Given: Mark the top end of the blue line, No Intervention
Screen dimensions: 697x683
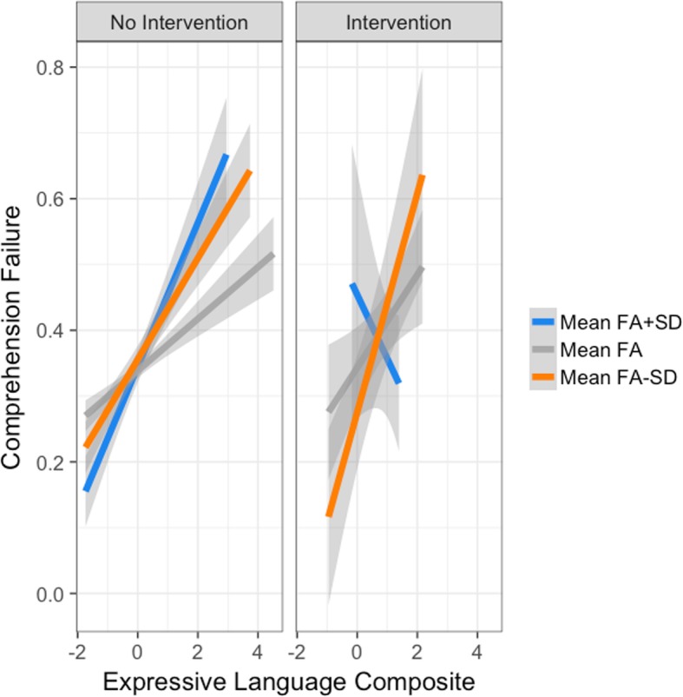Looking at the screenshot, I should coord(227,155).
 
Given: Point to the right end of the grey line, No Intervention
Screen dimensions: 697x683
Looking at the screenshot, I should coord(273,254).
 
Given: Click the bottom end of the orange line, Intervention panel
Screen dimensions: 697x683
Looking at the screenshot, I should coord(329,515).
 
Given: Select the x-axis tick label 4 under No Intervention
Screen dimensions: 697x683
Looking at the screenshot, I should coord(258,649).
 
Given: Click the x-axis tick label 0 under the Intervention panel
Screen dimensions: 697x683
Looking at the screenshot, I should coord(357,649).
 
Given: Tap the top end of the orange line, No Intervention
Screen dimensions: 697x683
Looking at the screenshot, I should coord(250,171).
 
